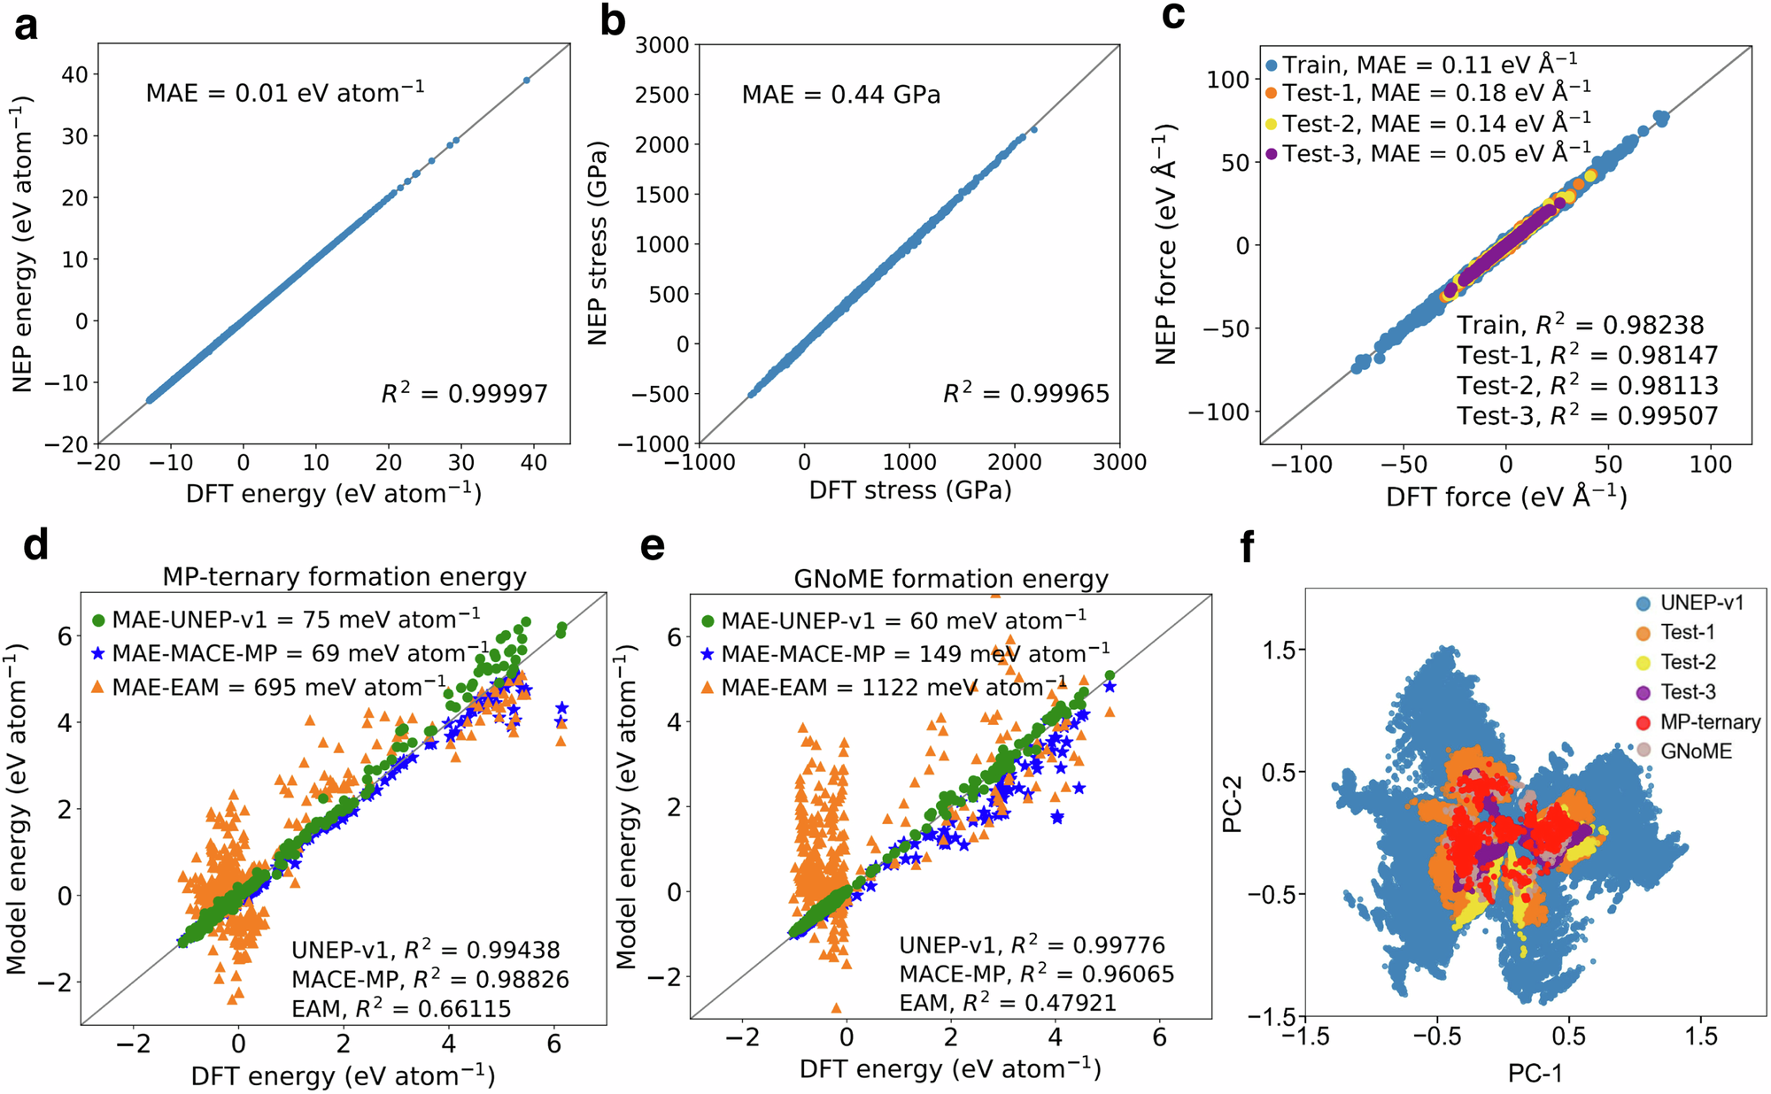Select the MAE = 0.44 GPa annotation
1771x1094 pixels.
pos(840,95)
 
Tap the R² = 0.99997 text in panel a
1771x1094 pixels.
pos(464,393)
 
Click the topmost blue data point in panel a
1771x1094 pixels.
pos(527,80)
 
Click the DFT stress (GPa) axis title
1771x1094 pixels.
pos(909,490)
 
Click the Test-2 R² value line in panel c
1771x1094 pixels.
pos(1587,385)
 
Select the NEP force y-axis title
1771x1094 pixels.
pos(1166,243)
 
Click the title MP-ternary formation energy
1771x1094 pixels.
pos(344,577)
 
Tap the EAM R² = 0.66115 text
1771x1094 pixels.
pos(401,1008)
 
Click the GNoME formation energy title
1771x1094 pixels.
pos(950,579)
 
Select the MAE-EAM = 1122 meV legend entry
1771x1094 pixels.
pos(894,687)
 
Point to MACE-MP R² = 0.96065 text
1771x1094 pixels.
pos(1036,974)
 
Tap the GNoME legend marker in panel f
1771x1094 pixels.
pos(1643,751)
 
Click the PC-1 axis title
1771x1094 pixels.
pos(1535,1073)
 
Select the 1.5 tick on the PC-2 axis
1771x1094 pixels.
pos(1278,650)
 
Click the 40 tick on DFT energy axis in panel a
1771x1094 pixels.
pos(534,462)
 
